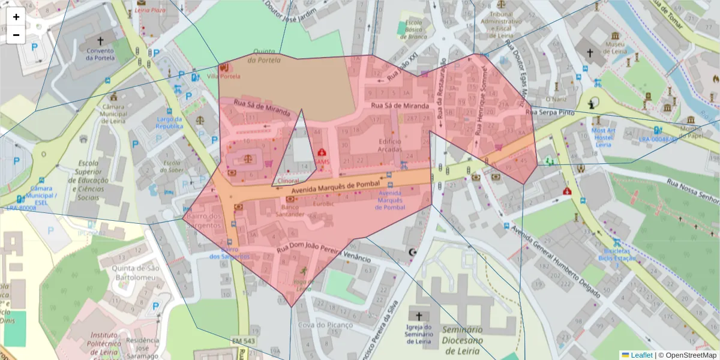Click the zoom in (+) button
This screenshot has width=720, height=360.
pyautogui.click(x=16, y=17)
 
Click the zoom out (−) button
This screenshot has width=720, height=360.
pyautogui.click(x=16, y=35)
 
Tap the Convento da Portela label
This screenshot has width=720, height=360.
pyautogui.click(x=100, y=55)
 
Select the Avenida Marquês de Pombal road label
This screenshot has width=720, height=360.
pyautogui.click(x=335, y=187)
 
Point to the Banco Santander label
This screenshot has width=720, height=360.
pyautogui.click(x=290, y=211)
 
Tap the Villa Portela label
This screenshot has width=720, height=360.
pyautogui.click(x=223, y=76)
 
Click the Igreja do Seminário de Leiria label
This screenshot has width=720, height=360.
pyautogui.click(x=418, y=334)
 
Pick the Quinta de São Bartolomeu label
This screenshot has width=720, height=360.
pyautogui.click(x=129, y=272)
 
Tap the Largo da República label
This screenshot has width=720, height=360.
pyautogui.click(x=169, y=122)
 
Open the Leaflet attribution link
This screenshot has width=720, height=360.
pyautogui.click(x=641, y=355)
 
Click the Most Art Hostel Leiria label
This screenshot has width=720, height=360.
pyautogui.click(x=603, y=137)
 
